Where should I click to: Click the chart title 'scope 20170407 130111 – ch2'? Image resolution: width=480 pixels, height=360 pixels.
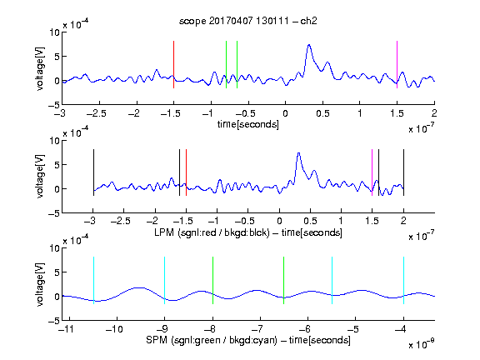[x=248, y=21]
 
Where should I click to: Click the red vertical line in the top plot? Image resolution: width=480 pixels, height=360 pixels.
[x=173, y=65]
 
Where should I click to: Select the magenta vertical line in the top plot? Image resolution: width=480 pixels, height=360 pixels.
[x=397, y=65]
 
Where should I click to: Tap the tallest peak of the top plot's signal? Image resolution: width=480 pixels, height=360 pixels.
[x=309, y=45]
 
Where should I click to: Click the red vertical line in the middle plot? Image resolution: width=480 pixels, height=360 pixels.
[x=186, y=172]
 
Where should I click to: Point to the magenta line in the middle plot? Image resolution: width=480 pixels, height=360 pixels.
[x=372, y=172]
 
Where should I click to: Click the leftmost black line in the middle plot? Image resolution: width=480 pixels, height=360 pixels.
[x=93, y=172]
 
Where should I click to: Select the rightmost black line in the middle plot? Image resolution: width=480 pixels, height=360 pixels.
[x=404, y=172]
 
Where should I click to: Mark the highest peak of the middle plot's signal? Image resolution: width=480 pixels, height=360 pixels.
[x=299, y=153]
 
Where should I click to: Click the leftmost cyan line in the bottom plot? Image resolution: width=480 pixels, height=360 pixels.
[x=93, y=280]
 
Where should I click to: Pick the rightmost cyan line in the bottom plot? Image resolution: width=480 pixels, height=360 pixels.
[x=404, y=280]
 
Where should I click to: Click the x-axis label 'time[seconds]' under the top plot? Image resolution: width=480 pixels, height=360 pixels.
[x=248, y=125]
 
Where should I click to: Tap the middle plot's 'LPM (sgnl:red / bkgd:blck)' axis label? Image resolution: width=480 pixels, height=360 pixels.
[x=212, y=232]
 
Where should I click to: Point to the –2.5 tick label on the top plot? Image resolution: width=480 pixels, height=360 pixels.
[x=96, y=114]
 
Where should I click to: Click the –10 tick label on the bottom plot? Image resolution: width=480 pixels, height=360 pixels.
[x=114, y=329]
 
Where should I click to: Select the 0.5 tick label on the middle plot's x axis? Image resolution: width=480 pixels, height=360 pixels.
[x=310, y=222]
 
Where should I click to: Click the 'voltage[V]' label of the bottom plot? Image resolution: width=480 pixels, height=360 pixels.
[x=40, y=284]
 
